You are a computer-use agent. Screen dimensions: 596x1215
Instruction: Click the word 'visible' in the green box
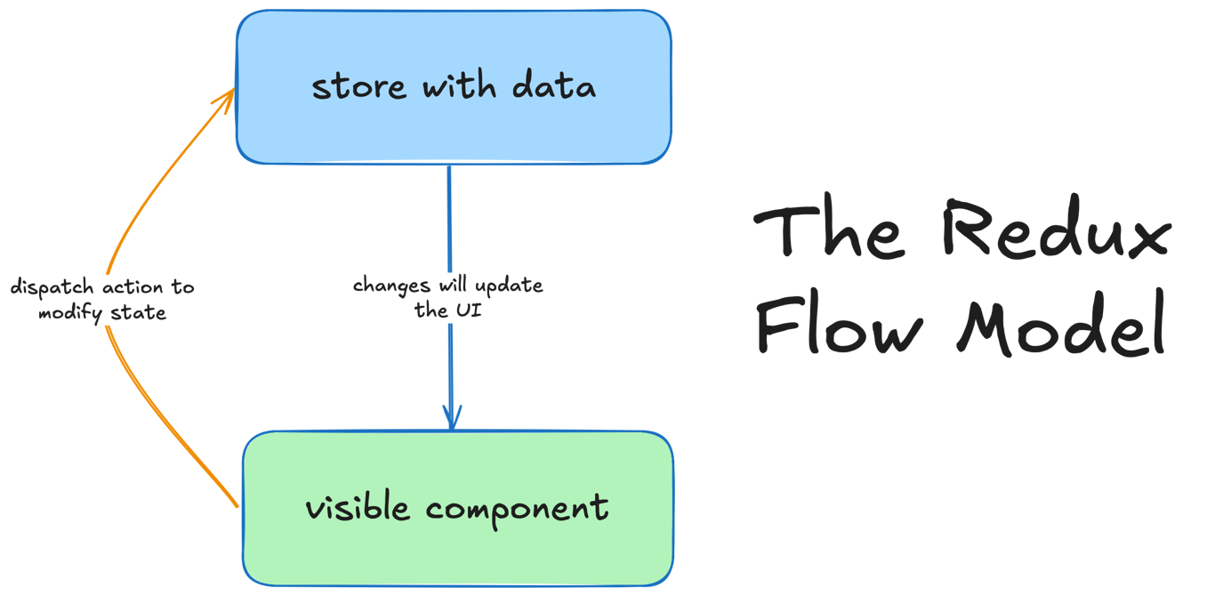click(x=358, y=508)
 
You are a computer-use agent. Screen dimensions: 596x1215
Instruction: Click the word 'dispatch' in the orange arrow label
click(x=45, y=288)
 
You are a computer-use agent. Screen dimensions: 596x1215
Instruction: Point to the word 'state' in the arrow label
click(x=139, y=313)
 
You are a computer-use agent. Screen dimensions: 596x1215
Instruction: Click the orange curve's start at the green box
click(x=237, y=505)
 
